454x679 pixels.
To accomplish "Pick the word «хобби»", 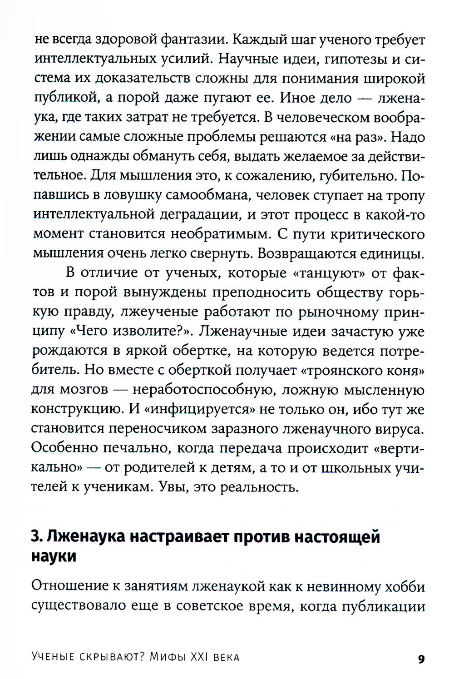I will [x=405, y=586].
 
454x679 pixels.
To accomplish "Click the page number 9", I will [x=421, y=659].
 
